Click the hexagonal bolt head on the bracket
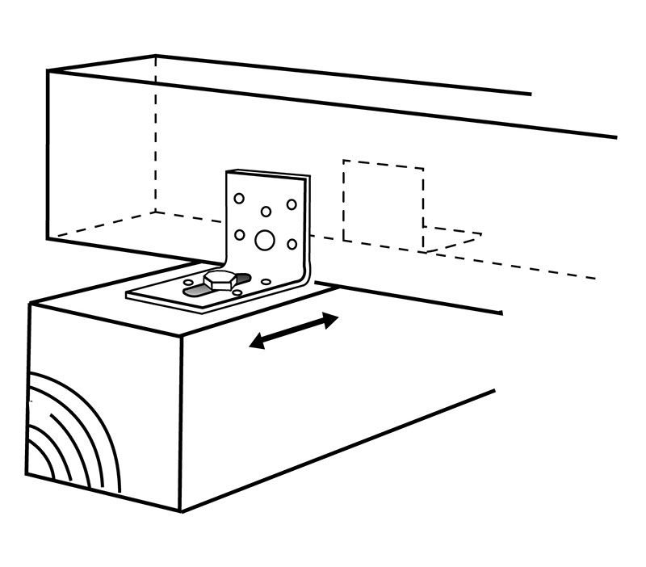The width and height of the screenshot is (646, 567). coord(219,279)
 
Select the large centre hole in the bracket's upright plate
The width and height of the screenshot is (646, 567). coord(264,239)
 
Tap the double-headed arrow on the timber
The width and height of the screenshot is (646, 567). coord(293,331)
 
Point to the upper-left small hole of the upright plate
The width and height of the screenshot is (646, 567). coord(239,198)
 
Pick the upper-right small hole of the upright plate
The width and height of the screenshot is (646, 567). coord(292,204)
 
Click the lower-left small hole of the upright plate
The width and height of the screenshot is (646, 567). coord(239,235)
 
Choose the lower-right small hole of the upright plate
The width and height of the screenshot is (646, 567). coord(292,243)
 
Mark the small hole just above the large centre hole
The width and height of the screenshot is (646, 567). coord(266,212)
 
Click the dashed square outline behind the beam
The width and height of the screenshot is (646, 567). coord(383,202)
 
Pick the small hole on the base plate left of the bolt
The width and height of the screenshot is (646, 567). coord(188,282)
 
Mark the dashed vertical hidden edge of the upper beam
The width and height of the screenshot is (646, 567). coord(155,137)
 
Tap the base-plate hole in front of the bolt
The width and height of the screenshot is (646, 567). coord(237,293)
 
